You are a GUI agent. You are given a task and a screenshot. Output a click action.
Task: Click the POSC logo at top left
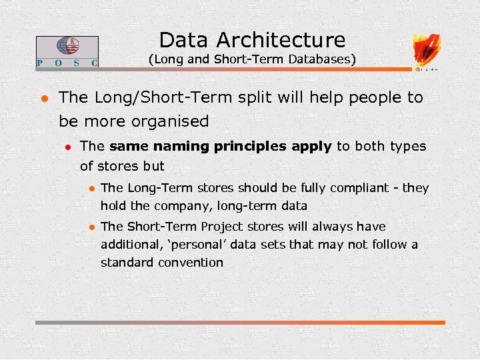click(x=67, y=52)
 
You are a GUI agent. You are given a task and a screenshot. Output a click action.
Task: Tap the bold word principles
click(x=252, y=147)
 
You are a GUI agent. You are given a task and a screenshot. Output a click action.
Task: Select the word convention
click(x=190, y=263)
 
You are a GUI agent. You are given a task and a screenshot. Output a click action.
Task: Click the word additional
click(x=129, y=245)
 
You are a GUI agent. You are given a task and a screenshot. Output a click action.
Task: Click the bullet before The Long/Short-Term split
click(x=42, y=98)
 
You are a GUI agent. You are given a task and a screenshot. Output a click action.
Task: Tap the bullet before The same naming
click(x=67, y=147)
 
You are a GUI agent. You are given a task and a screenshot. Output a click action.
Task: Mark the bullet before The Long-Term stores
click(x=91, y=189)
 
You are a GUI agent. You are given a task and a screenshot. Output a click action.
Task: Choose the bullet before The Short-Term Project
click(x=91, y=227)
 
